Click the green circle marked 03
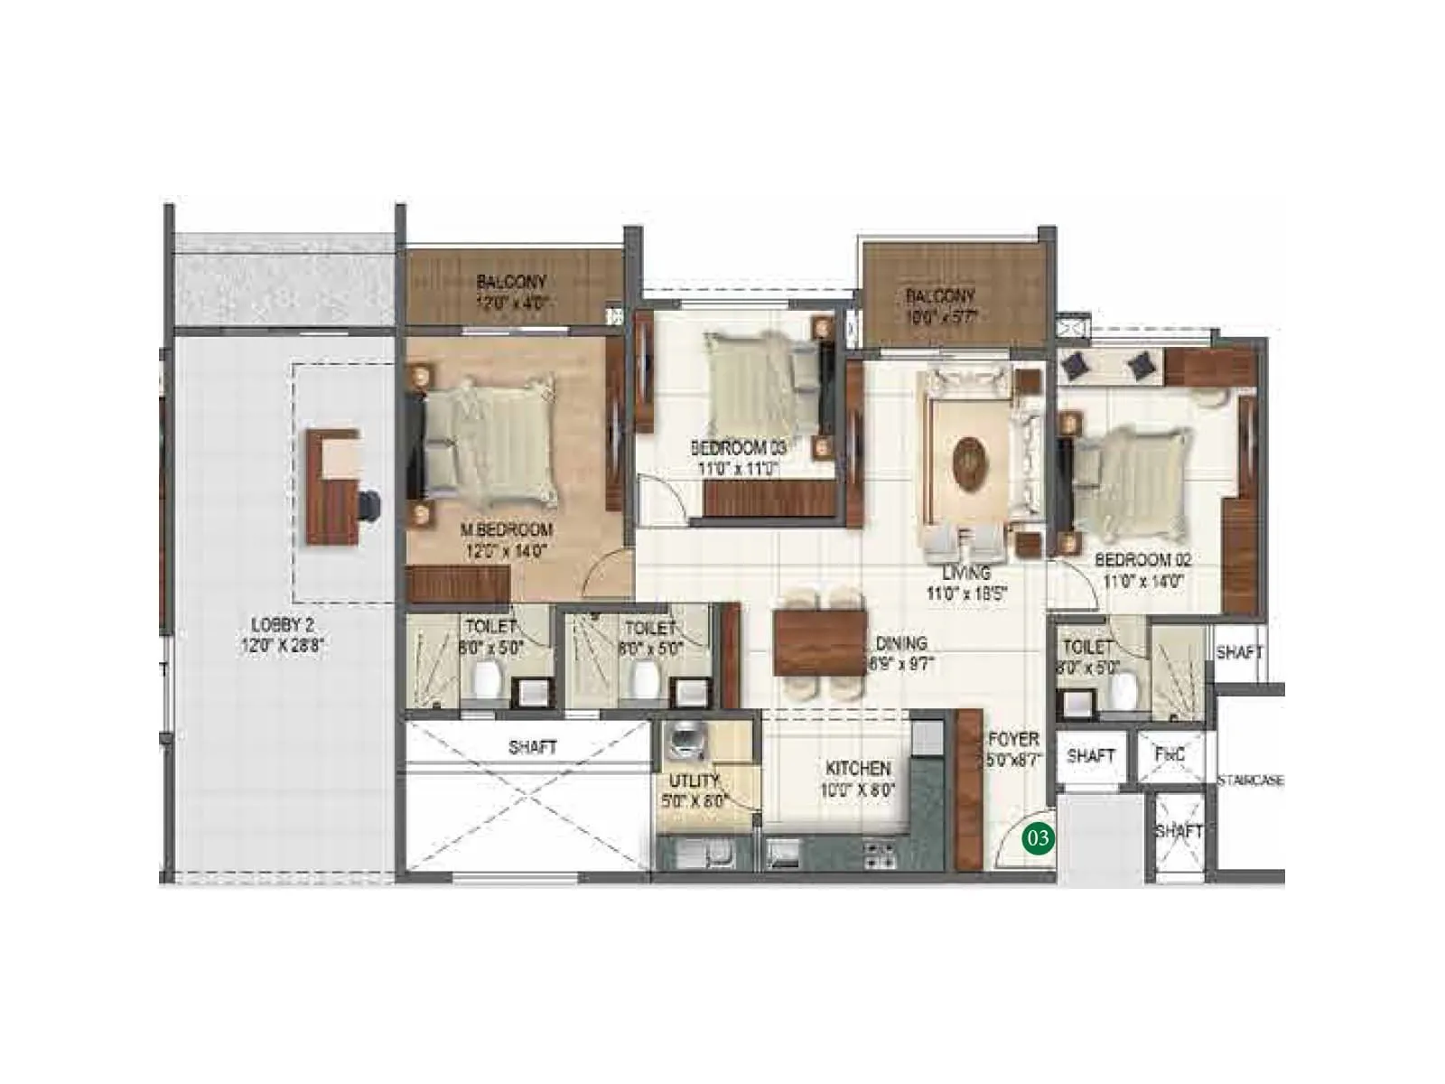click(1038, 838)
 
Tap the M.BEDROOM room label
click(506, 530)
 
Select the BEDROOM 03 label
click(738, 448)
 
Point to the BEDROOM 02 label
click(1142, 560)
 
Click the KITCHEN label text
click(858, 768)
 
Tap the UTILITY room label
click(694, 780)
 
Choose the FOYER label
click(1013, 739)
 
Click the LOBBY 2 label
click(282, 624)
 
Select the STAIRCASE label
click(1250, 780)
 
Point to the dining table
click(819, 642)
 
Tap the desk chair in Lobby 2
click(368, 505)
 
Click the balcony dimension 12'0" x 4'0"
click(511, 304)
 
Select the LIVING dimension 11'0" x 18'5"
click(966, 593)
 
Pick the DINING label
click(900, 643)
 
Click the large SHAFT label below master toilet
click(532, 747)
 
